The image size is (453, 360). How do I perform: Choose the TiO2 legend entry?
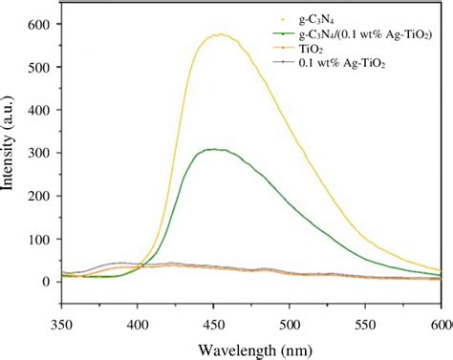tap(314, 51)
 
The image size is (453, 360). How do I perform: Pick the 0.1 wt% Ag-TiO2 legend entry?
tap(339, 66)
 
